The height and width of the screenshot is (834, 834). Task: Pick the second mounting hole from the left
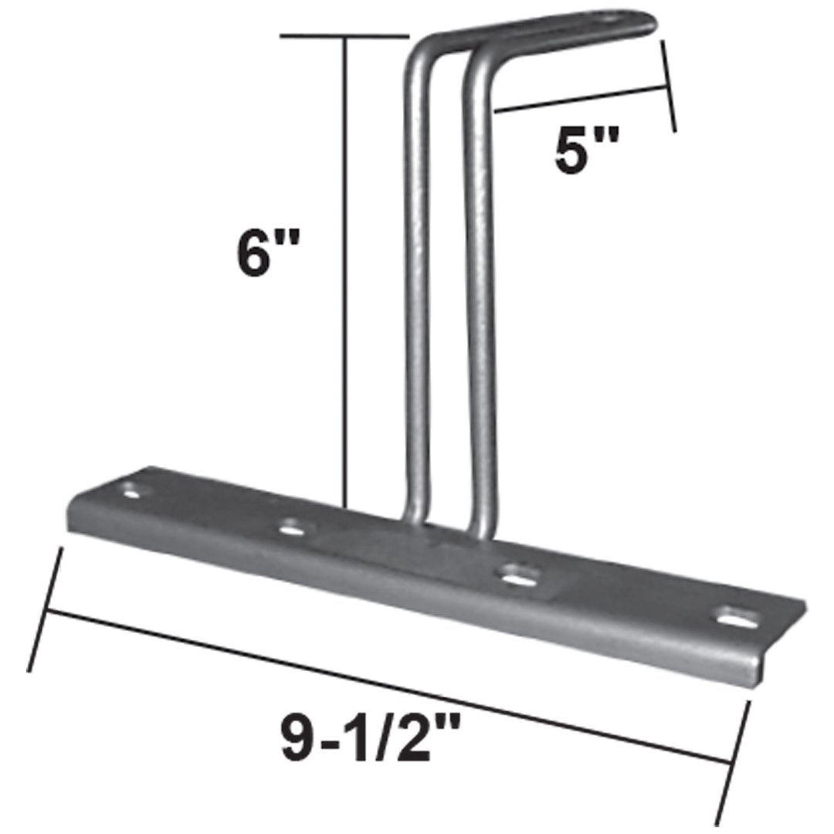[291, 528]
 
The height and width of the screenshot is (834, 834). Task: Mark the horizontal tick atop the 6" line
[344, 36]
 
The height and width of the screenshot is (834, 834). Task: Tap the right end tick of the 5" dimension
[668, 85]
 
